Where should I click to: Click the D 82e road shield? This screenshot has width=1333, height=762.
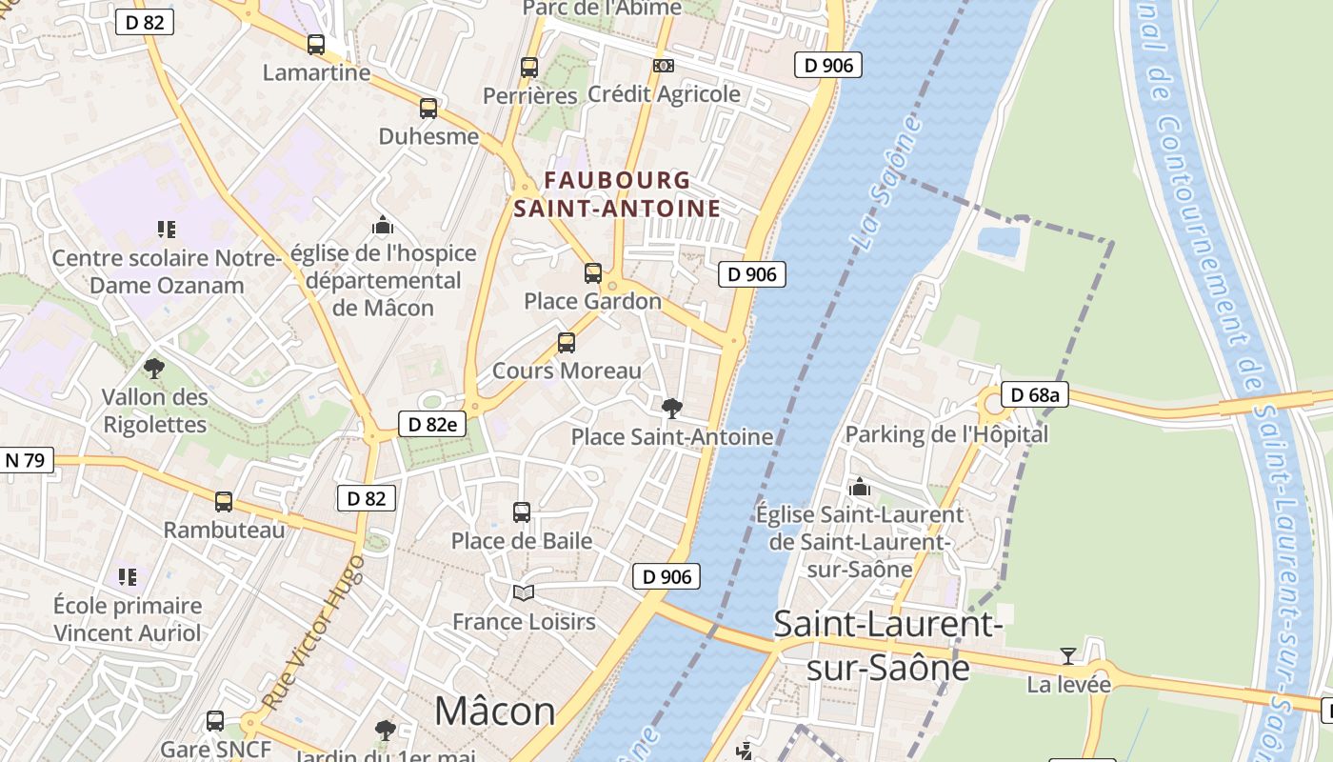431,425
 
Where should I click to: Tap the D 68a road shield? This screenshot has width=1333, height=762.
1034,394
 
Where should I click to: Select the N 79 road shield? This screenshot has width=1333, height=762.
25,461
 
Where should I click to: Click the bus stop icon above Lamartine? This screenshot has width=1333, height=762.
316,45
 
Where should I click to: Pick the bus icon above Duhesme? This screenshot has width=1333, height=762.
428,109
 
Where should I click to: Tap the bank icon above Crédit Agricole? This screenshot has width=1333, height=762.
664,66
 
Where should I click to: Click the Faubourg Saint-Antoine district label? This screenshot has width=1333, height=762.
617,193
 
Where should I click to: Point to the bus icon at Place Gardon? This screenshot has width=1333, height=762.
593,273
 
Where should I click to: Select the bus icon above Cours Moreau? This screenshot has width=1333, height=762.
567,343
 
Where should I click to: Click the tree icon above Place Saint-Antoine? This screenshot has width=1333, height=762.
671,409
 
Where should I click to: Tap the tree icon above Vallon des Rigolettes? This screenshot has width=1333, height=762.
153,369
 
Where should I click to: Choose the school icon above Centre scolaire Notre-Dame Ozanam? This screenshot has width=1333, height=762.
167,230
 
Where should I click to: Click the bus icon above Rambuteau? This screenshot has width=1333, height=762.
224,502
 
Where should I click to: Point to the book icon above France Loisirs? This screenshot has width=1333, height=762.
524,593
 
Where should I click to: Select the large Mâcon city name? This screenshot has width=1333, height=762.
494,712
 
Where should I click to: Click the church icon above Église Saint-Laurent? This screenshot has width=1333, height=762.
860,487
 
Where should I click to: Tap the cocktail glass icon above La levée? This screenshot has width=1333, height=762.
1068,656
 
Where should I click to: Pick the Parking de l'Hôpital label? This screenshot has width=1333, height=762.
946,434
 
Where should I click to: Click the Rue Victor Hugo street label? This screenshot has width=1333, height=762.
313,632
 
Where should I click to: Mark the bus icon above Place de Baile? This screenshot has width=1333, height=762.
522,512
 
